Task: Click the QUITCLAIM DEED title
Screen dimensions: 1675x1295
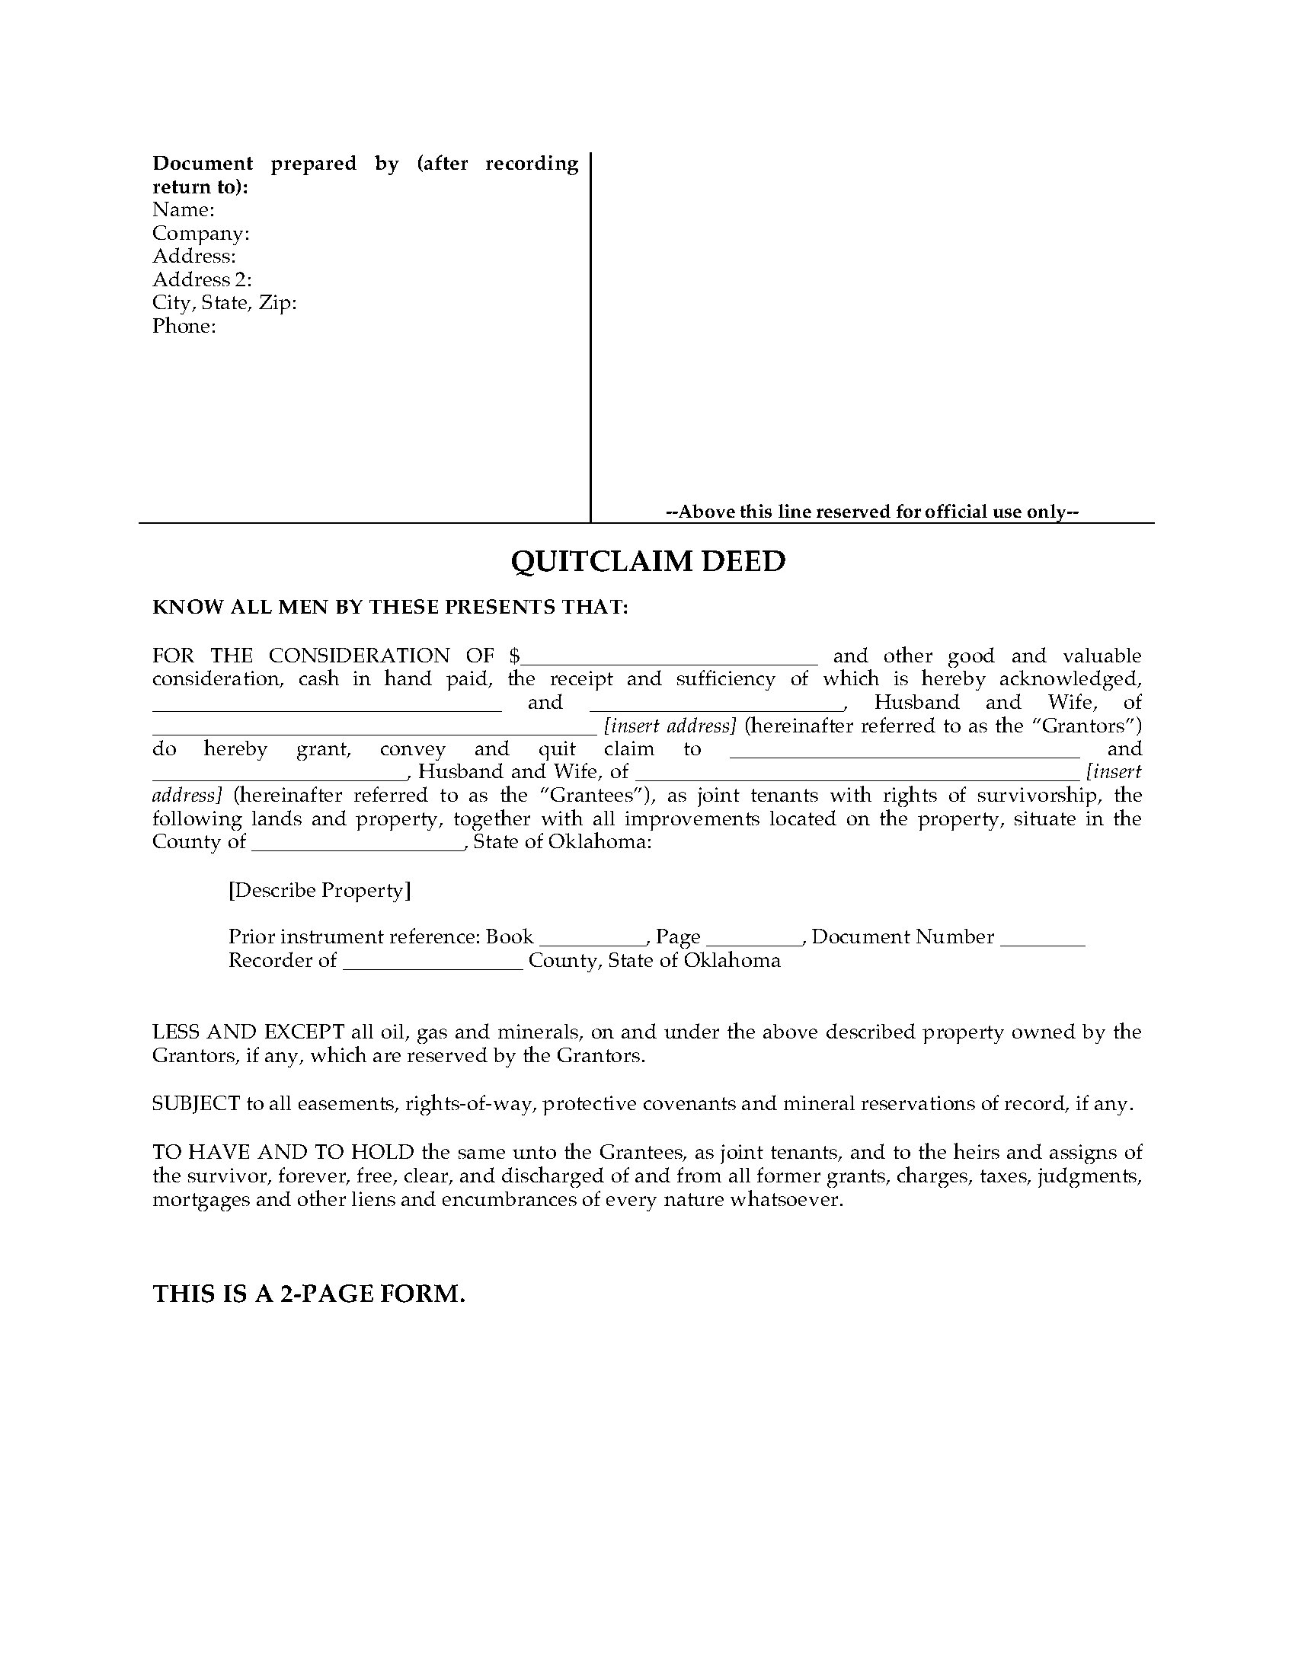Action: click(647, 561)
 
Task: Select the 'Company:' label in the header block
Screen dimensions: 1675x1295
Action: click(201, 233)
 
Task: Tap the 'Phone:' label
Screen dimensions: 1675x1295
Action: click(184, 326)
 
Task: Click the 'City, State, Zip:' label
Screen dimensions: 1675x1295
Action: click(224, 303)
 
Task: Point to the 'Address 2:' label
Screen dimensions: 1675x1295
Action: click(202, 279)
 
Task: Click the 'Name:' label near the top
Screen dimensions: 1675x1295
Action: click(184, 209)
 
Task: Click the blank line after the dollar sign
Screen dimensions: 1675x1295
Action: click(670, 658)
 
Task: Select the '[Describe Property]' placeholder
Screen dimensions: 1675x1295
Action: click(319, 891)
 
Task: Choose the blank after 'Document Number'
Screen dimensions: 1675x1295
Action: click(1043, 939)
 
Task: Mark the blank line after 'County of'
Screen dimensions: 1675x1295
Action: click(358, 844)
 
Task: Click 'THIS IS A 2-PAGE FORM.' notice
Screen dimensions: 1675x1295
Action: click(309, 1294)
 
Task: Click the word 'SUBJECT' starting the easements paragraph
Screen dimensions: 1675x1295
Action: click(197, 1105)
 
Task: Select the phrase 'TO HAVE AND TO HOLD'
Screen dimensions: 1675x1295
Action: click(283, 1152)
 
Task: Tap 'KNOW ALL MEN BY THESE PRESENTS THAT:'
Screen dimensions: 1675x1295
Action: click(391, 608)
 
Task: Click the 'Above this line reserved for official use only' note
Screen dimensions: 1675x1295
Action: click(872, 512)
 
